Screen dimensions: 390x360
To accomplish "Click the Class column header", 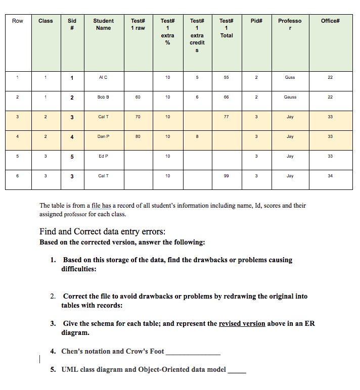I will [x=46, y=21].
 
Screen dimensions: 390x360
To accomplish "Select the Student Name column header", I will [x=104, y=24].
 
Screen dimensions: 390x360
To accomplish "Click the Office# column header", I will [x=330, y=21].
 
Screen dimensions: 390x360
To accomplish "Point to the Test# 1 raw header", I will [x=138, y=24].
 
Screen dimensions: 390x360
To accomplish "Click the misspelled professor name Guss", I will [x=290, y=77].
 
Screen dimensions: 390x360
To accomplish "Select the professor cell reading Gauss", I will [x=290, y=97].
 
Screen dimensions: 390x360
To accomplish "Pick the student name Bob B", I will [x=104, y=97].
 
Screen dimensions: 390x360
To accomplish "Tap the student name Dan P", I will [x=104, y=136].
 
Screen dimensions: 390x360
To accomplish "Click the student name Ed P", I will [x=104, y=156].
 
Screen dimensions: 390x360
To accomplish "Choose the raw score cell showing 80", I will [x=138, y=136].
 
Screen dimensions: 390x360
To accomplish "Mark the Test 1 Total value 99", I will [x=227, y=176].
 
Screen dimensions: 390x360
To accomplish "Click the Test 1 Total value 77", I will [x=227, y=117].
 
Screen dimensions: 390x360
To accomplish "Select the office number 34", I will [x=330, y=176].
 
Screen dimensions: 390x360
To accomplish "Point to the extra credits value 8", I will [x=197, y=136].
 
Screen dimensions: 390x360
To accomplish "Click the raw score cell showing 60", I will [x=138, y=97].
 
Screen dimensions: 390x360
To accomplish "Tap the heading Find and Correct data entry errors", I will [x=102, y=232].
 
